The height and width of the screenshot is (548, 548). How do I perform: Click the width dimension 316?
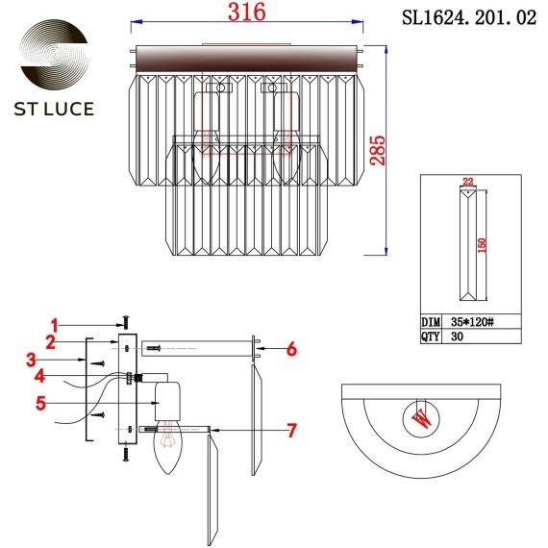click(x=246, y=12)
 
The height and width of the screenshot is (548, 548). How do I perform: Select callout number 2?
click(x=49, y=341)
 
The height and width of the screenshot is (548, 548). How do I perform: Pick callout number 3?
click(x=33, y=361)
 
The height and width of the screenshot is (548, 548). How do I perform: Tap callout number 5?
click(x=40, y=404)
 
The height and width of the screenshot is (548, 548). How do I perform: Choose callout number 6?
click(x=292, y=349)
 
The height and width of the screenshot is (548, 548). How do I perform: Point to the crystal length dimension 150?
click(x=480, y=247)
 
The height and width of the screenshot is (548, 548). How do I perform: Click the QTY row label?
click(x=432, y=337)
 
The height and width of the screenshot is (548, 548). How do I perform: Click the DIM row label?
click(x=432, y=323)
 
